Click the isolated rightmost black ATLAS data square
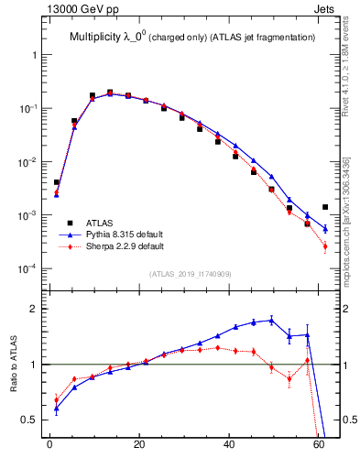[325, 207]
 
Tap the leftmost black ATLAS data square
[57, 182]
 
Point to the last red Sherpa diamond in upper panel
[325, 245]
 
